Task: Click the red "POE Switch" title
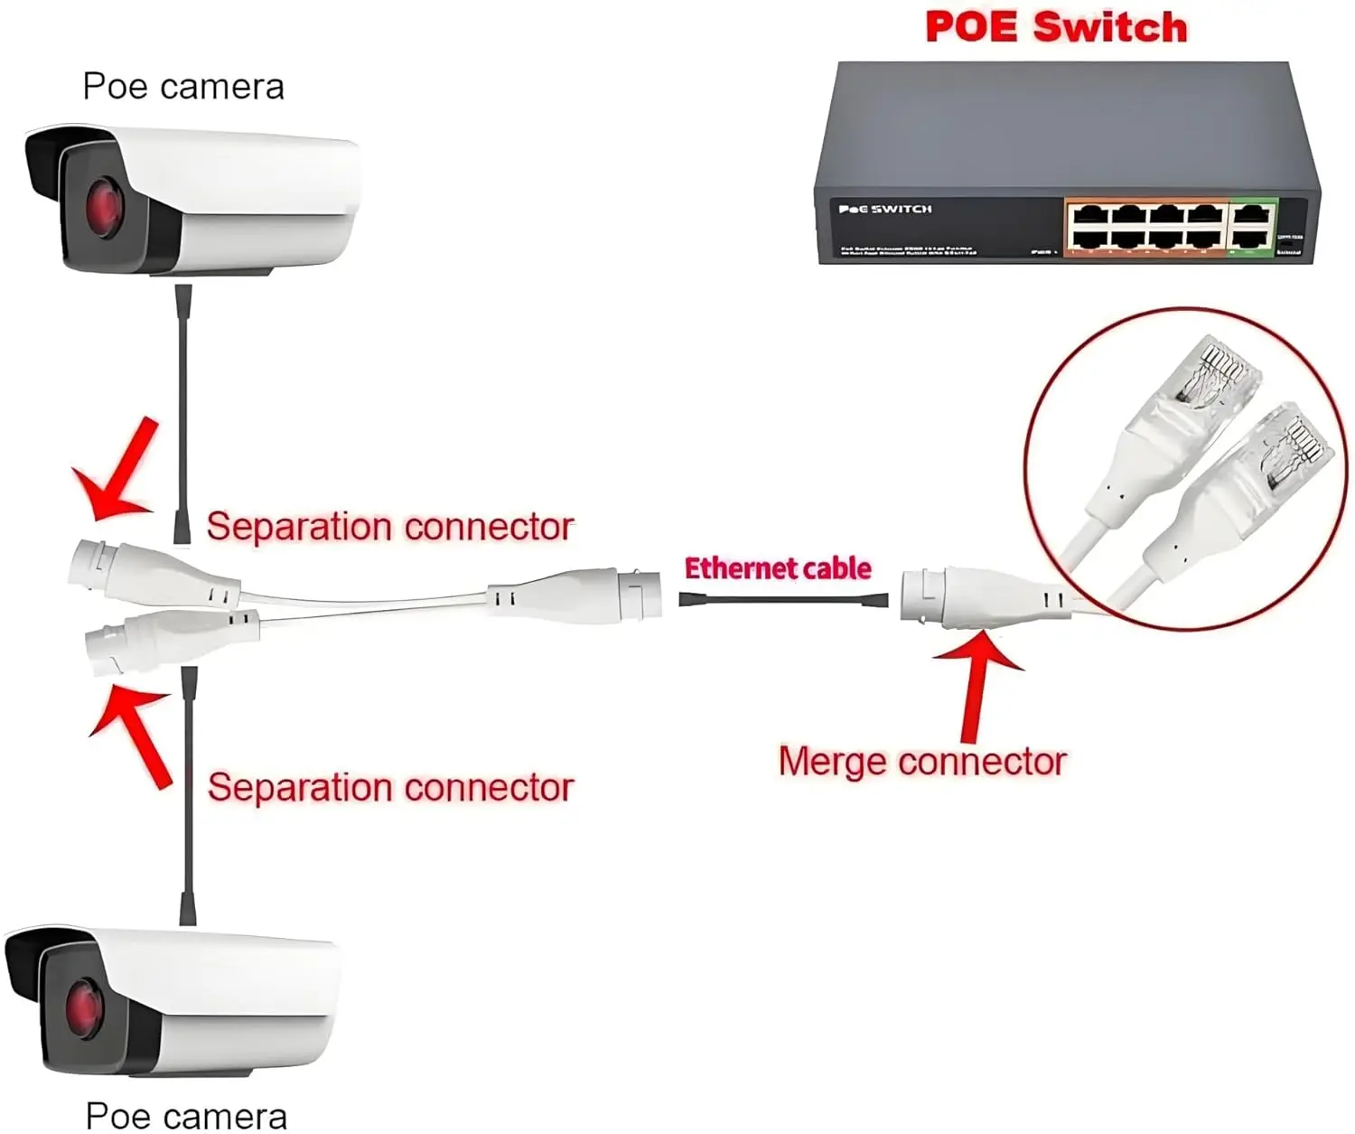click(x=1056, y=27)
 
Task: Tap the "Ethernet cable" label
click(x=778, y=568)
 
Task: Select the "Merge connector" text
click(x=922, y=762)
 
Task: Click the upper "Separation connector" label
click(x=389, y=527)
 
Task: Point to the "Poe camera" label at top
click(x=183, y=87)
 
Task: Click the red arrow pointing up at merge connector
click(x=976, y=687)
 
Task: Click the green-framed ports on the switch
click(x=1252, y=226)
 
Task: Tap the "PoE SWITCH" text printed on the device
click(x=885, y=210)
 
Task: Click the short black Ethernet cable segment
click(x=783, y=600)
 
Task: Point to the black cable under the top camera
click(x=182, y=407)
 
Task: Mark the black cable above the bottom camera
click(x=188, y=795)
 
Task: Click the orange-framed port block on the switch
click(x=1145, y=226)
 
